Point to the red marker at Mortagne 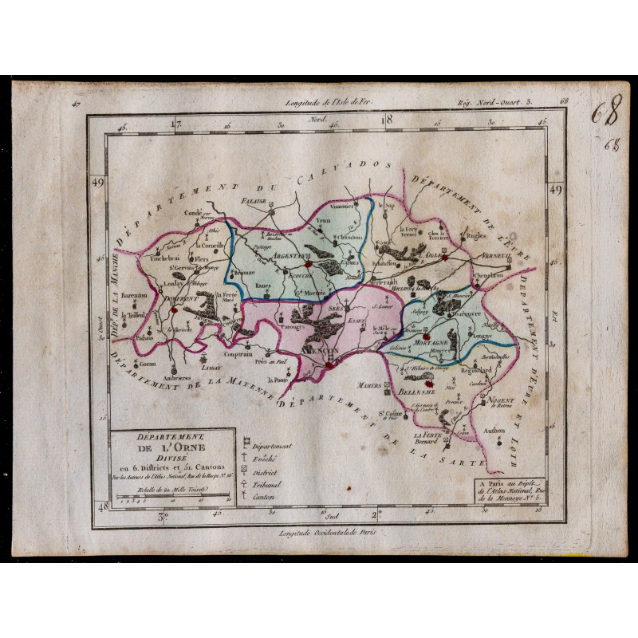(435, 335)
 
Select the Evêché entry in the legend (268, 459)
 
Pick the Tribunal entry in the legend (270, 485)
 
